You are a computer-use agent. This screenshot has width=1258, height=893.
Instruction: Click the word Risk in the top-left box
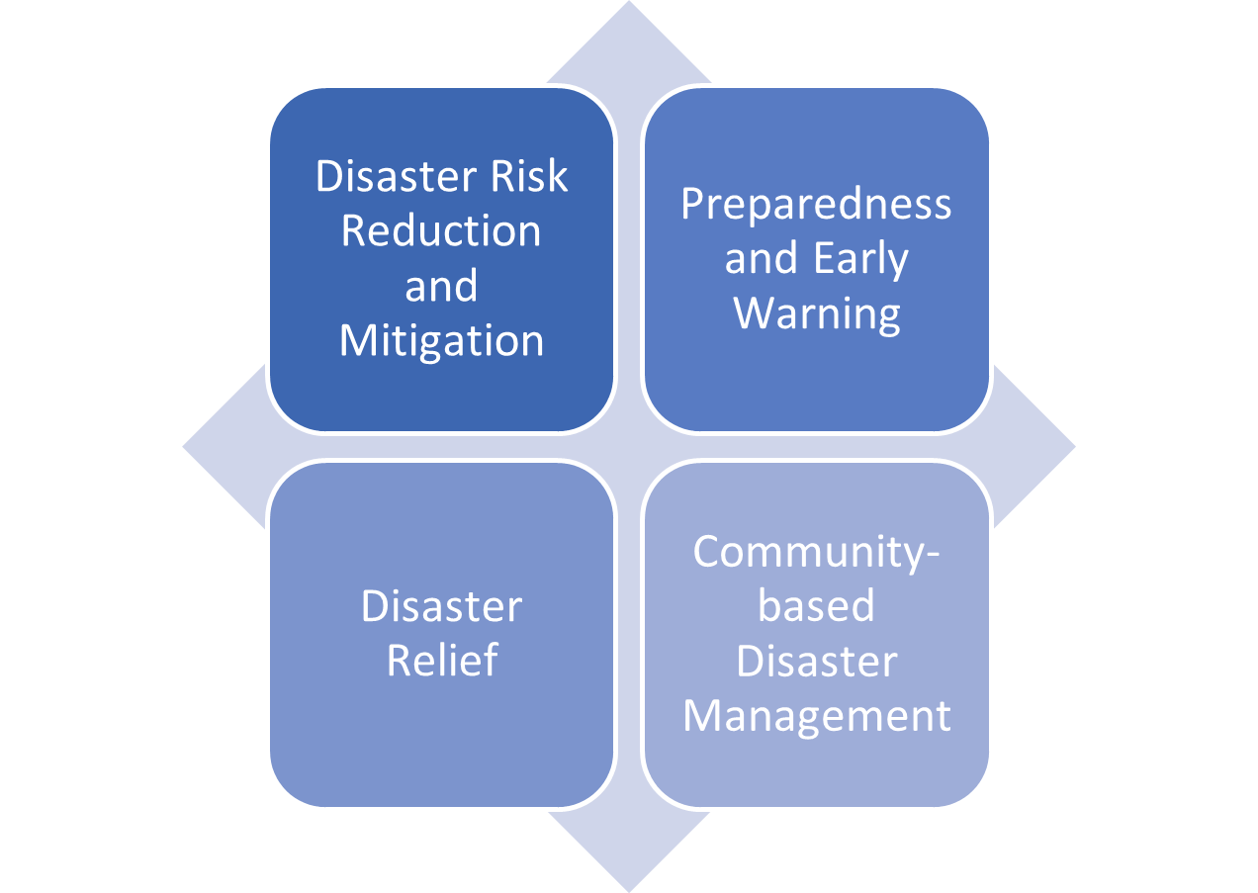click(x=529, y=176)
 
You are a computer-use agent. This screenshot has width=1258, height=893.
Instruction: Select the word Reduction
click(x=441, y=230)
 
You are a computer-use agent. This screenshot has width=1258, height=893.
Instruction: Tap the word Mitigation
click(x=441, y=342)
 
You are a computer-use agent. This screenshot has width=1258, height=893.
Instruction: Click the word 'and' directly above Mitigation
click(x=441, y=286)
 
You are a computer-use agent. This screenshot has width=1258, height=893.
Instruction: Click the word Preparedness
click(x=816, y=206)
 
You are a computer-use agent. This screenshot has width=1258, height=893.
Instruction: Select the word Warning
click(x=817, y=315)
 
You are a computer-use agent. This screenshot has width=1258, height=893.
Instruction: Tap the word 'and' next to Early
click(x=761, y=258)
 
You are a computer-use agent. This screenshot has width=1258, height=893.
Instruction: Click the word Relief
click(x=442, y=660)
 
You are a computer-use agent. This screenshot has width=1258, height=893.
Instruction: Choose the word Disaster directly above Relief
click(x=441, y=606)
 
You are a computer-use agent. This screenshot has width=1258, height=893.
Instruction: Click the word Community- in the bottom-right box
click(x=817, y=553)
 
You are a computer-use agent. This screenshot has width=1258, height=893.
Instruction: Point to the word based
click(x=817, y=605)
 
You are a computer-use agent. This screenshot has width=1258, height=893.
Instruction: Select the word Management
click(x=817, y=718)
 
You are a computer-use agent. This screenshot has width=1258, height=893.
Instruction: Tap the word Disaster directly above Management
click(x=817, y=661)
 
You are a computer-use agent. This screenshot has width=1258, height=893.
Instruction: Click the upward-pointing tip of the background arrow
click(x=629, y=1)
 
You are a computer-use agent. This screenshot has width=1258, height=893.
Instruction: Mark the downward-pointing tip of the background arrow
click(x=629, y=891)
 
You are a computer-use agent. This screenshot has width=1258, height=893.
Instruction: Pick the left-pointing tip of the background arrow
click(x=183, y=447)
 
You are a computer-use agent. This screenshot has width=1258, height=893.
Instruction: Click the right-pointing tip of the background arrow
click(x=1075, y=447)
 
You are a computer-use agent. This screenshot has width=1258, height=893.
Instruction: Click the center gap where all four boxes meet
click(x=629, y=447)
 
